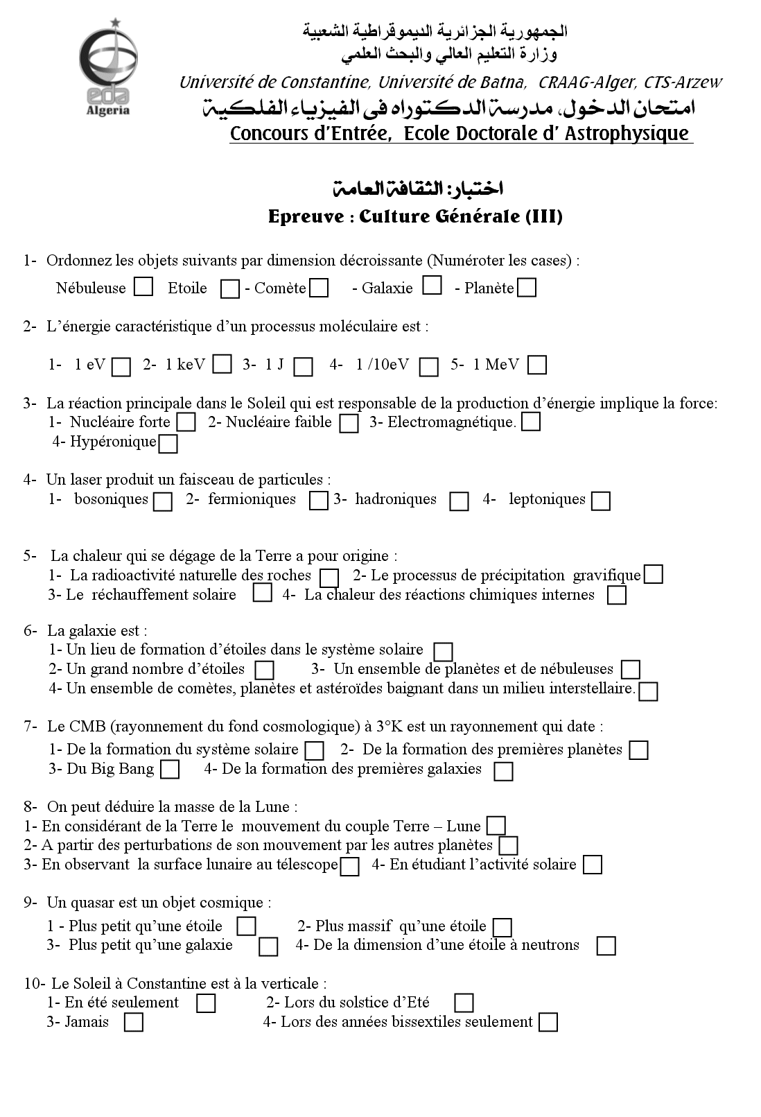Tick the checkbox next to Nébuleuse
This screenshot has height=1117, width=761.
pos(143,287)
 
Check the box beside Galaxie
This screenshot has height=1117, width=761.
pos(432,286)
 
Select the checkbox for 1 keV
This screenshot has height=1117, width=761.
pos(222,364)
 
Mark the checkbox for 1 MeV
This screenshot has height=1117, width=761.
pos(537,365)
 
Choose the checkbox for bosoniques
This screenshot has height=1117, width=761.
pos(163,501)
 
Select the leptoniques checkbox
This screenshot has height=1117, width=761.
pos(601,501)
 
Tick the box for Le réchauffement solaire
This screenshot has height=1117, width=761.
pos(262,594)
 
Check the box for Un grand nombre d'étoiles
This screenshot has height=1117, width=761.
pos(265,670)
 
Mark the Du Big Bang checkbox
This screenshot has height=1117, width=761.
pos(170,769)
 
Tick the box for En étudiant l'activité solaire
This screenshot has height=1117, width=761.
pos(593,865)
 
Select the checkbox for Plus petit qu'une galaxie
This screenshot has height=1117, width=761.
pos(268,946)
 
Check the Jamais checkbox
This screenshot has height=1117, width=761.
pos(134,1023)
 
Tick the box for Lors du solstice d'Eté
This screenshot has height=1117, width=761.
pos(464,1003)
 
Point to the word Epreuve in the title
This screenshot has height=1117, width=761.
pos(306,216)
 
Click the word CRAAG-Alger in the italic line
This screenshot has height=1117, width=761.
pos(586,82)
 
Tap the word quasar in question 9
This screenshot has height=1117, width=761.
pos(87,902)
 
